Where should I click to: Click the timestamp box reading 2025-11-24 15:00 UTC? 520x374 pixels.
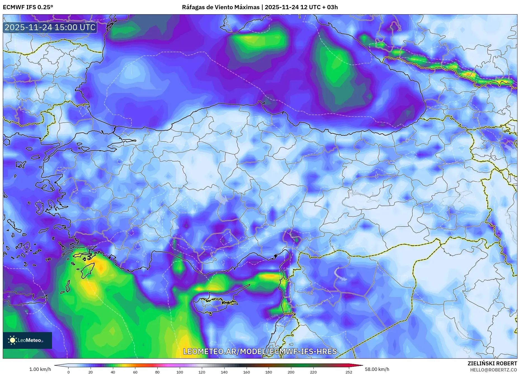(x=50, y=27)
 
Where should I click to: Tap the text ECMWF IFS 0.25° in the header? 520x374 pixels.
(x=28, y=7)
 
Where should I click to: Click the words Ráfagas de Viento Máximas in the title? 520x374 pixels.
(x=221, y=7)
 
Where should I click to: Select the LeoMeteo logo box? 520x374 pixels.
(x=27, y=340)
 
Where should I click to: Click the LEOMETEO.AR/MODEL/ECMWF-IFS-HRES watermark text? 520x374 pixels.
(x=260, y=351)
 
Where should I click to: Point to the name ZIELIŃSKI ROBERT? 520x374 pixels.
(x=492, y=363)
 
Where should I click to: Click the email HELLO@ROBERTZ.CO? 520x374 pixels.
(x=493, y=370)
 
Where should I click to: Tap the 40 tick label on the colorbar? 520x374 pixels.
(x=113, y=372)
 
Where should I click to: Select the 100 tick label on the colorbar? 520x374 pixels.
(x=179, y=372)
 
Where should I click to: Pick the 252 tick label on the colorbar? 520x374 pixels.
(x=349, y=372)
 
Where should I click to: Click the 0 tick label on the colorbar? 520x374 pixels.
(x=68, y=372)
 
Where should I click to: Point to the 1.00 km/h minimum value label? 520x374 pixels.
(x=40, y=369)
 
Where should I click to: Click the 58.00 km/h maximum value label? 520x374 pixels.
(x=377, y=369)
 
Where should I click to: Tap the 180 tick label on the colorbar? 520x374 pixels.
(x=268, y=372)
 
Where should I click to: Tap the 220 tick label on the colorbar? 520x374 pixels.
(x=313, y=372)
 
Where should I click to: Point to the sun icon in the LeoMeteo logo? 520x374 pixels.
(x=13, y=340)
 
